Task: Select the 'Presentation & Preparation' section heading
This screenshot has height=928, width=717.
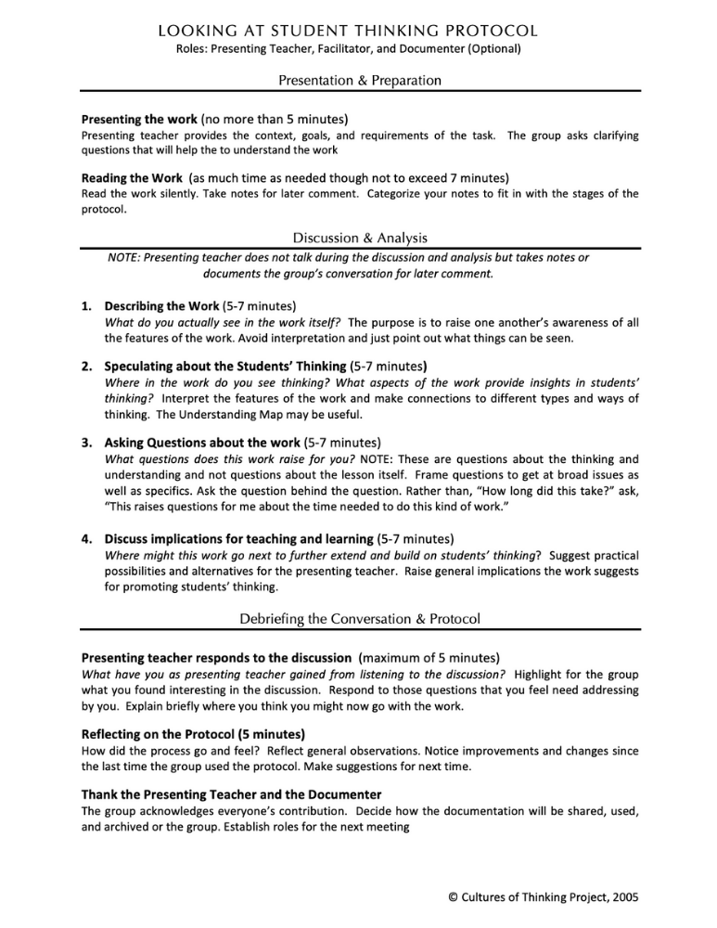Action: point(358,81)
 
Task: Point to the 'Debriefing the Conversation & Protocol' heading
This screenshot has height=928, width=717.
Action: point(358,617)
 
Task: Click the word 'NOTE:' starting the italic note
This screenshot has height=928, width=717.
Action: point(127,257)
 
